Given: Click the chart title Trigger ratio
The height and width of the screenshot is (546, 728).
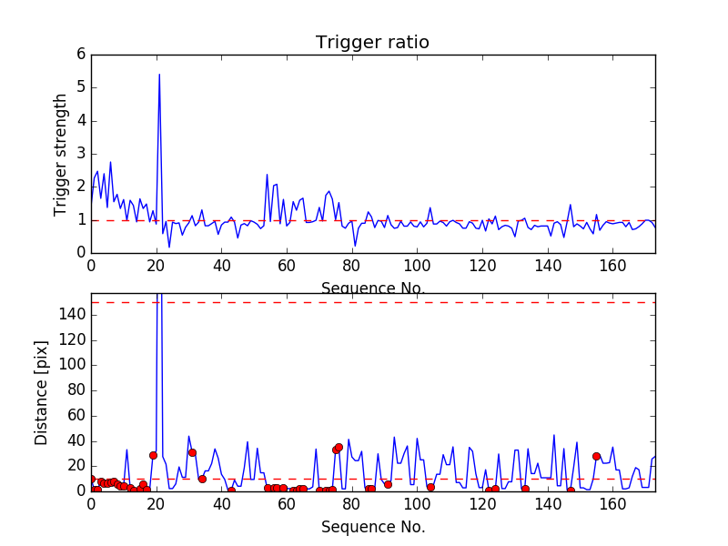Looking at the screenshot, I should [x=372, y=43].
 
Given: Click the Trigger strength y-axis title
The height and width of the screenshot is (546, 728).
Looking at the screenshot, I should [x=61, y=154].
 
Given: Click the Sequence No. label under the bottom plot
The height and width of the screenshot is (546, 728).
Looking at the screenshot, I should [x=373, y=527].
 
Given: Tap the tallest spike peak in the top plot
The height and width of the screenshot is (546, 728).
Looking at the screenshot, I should [x=159, y=75].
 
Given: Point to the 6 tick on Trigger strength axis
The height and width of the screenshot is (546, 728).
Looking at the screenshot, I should [x=80, y=55].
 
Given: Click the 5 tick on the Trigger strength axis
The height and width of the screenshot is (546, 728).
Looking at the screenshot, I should [x=80, y=87].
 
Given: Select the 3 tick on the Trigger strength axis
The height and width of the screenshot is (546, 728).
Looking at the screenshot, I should [x=80, y=154].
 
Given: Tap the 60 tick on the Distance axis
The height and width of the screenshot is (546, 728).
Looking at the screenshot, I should [x=76, y=415].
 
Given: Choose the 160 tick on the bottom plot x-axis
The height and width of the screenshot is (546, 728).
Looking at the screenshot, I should [x=612, y=503].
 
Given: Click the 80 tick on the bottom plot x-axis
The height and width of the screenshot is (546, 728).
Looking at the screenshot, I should [x=352, y=503].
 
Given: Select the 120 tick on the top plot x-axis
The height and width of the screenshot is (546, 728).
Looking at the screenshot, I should [x=482, y=265].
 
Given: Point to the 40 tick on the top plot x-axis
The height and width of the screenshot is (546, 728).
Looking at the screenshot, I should [x=221, y=265].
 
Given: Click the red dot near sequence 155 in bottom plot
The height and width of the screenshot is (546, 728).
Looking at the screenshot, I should [x=596, y=456].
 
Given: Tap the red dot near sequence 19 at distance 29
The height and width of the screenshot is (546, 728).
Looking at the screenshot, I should [x=153, y=455].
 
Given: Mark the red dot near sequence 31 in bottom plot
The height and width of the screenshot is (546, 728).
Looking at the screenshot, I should [x=192, y=452].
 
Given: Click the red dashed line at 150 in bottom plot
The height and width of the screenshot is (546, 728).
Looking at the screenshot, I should [x=409, y=302].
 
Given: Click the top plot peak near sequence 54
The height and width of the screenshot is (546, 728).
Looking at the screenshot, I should [x=267, y=174].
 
